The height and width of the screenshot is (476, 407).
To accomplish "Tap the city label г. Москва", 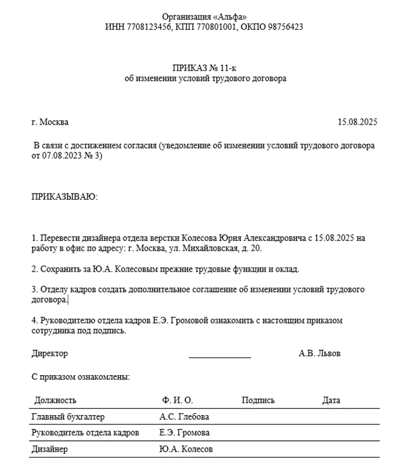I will (x=50, y=123).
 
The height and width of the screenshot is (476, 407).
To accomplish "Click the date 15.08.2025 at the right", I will (x=357, y=123).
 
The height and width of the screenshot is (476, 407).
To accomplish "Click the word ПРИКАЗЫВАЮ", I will (x=65, y=196).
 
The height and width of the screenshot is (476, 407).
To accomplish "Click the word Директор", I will (x=50, y=353).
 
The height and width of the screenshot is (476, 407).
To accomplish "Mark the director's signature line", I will (x=220, y=356).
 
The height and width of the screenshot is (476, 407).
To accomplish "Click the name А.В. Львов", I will (x=320, y=353).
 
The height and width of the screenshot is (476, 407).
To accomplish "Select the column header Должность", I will (x=55, y=400).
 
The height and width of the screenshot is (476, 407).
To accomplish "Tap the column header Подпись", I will (x=258, y=400).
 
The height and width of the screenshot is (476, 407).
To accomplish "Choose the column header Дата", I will (x=331, y=400).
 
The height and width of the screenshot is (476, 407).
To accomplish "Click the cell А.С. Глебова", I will (x=185, y=416).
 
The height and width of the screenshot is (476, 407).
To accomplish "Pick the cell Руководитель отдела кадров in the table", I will (x=85, y=433).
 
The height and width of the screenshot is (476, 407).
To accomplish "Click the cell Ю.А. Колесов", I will (x=186, y=449).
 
